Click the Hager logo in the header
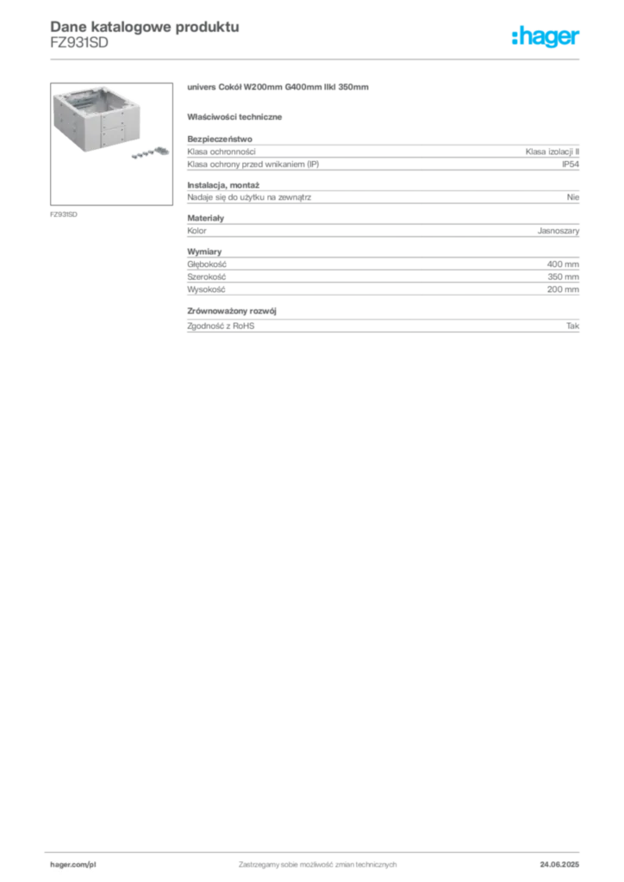(546, 36)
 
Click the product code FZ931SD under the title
(79, 43)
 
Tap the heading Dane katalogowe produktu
(145, 27)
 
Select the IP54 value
(571, 165)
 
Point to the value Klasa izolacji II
(552, 152)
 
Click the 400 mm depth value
(563, 264)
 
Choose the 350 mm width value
(563, 276)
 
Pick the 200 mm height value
(563, 289)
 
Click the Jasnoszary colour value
(558, 231)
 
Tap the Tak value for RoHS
(573, 326)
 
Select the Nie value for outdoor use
(573, 197)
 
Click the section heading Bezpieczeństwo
(220, 139)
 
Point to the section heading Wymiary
(204, 252)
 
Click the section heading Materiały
(205, 218)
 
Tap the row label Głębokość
(207, 264)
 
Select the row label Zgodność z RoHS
(221, 326)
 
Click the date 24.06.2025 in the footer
(559, 865)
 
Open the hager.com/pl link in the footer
(73, 865)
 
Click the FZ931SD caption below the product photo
(64, 214)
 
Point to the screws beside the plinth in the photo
(150, 152)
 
